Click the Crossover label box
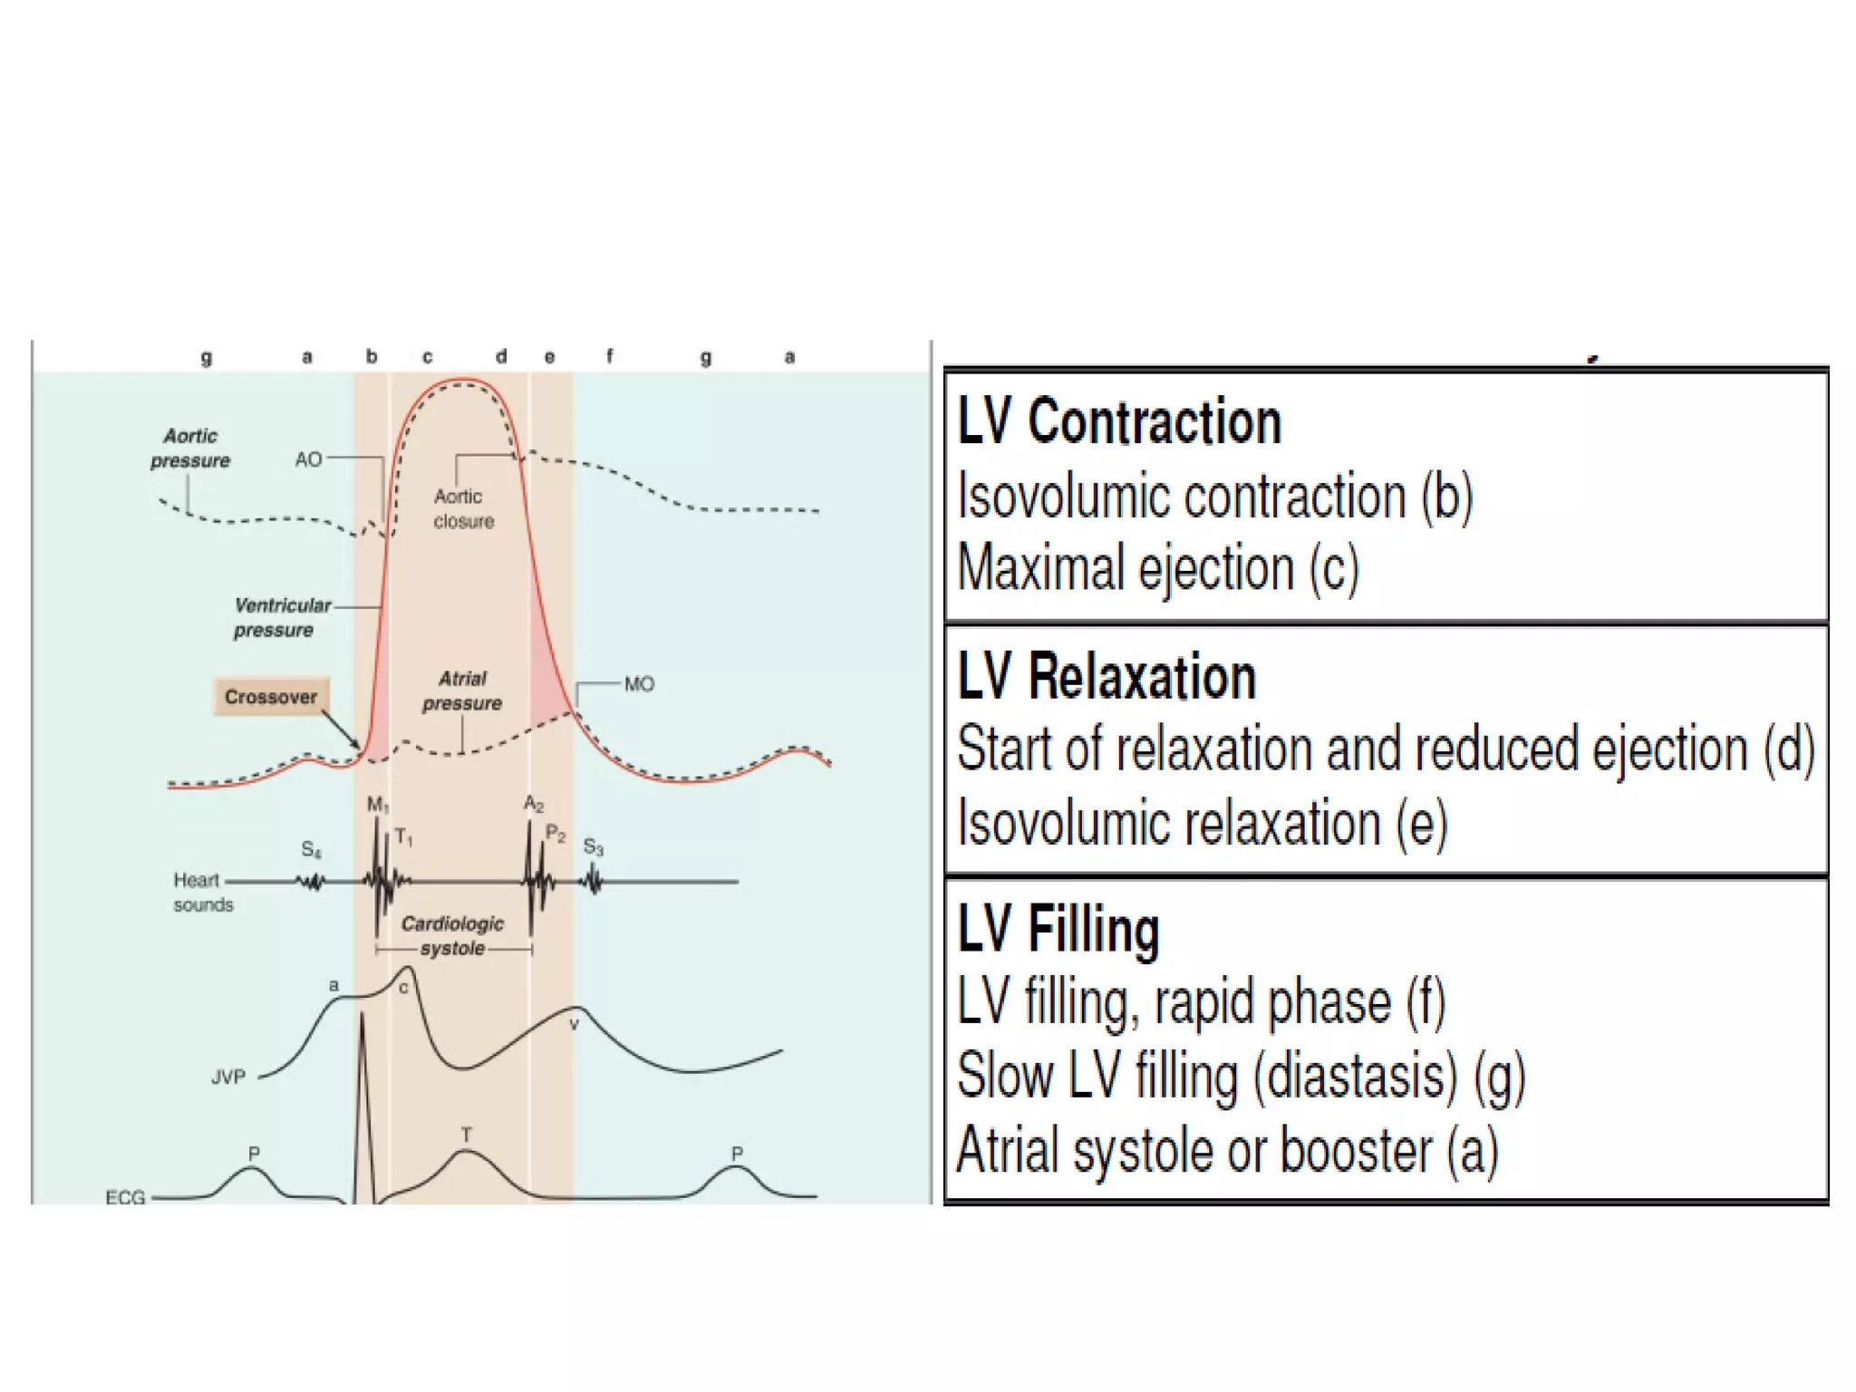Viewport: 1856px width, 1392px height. tap(271, 697)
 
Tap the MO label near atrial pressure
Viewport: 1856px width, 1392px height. tap(639, 684)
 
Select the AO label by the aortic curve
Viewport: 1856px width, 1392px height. tap(308, 459)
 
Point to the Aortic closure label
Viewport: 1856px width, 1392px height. tap(463, 508)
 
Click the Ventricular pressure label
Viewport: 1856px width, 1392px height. tap(281, 617)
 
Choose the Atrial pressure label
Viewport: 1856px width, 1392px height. tap(462, 691)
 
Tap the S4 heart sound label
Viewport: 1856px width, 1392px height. tap(311, 850)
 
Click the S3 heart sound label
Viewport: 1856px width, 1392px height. tap(594, 847)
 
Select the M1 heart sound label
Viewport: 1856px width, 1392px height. tap(378, 805)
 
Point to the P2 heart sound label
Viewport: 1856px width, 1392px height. tap(556, 834)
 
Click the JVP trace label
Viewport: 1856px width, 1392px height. tap(228, 1078)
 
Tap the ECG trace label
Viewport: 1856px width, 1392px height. tap(125, 1197)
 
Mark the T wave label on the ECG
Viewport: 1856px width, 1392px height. tap(466, 1135)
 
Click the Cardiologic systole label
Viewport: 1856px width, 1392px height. tap(452, 935)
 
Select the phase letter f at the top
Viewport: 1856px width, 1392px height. tap(610, 356)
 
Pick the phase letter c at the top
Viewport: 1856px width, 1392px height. tap(428, 357)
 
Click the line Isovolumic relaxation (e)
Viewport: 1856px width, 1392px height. tap(1202, 823)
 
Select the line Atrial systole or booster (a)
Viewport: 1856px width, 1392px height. tap(1227, 1150)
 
